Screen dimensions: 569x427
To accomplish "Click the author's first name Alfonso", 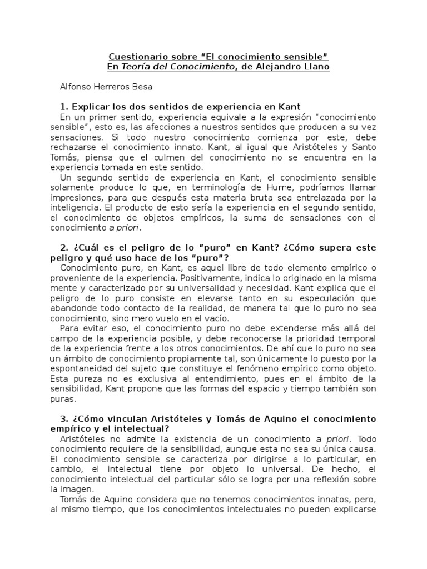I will pyautogui.click(x=76, y=87).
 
